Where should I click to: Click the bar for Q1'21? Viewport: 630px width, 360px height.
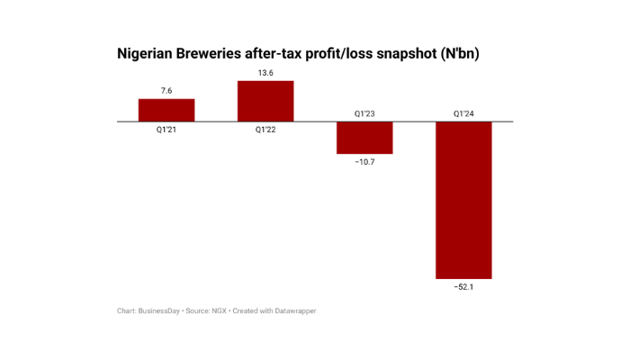click(166, 110)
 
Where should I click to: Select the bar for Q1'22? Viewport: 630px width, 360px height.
click(265, 101)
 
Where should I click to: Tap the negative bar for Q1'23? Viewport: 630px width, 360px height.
click(364, 138)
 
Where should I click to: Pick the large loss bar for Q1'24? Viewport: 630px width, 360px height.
click(463, 200)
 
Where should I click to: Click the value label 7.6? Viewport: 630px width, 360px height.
click(166, 90)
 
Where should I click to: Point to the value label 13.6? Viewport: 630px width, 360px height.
click(265, 73)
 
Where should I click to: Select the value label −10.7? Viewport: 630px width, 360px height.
click(364, 162)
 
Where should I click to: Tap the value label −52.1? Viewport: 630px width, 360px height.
click(463, 287)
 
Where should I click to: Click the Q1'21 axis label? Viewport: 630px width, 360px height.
click(166, 130)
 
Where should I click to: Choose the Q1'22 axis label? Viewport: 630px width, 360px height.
click(265, 130)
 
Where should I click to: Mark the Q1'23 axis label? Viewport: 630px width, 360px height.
click(364, 113)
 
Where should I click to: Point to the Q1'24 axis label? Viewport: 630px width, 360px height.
click(463, 113)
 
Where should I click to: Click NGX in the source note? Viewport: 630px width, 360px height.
click(219, 311)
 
